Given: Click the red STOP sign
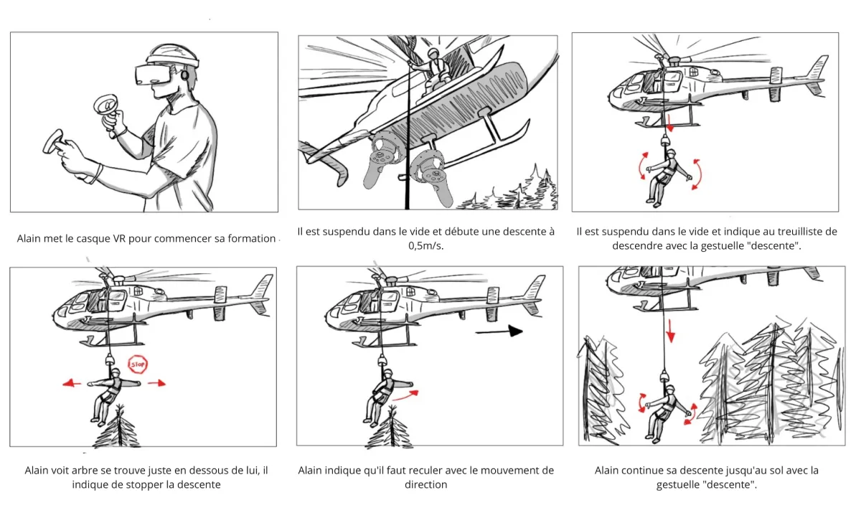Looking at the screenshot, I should tap(137, 364).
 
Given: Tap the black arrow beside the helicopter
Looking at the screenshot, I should tap(498, 331).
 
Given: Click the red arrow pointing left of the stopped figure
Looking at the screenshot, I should tap(71, 383).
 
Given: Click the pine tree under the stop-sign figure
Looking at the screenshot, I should tap(116, 430).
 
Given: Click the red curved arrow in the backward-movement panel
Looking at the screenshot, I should tap(408, 393).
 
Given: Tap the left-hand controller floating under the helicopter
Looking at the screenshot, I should tap(379, 165).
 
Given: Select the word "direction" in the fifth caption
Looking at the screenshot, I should tap(426, 485).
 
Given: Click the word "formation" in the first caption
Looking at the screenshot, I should tap(252, 238).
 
